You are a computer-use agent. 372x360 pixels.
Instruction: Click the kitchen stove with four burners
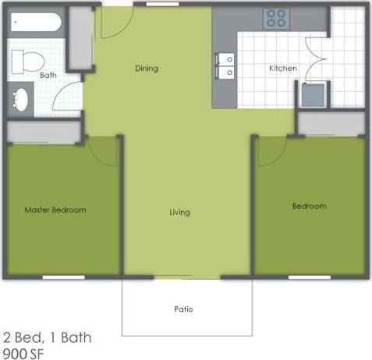coord(274,18)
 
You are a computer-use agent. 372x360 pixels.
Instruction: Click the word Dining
coord(146,69)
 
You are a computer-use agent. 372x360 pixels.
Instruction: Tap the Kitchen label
coord(282,69)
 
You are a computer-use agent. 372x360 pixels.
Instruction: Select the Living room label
coord(179,212)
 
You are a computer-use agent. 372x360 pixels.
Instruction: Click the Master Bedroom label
coord(55,210)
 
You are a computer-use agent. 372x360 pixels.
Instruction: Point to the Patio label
coord(183,309)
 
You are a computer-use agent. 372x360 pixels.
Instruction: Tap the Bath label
coord(48,76)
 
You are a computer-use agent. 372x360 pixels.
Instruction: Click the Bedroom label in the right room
coord(309,206)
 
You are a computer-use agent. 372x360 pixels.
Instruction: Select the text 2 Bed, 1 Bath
coord(48,337)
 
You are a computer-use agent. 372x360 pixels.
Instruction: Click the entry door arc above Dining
coord(109,23)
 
